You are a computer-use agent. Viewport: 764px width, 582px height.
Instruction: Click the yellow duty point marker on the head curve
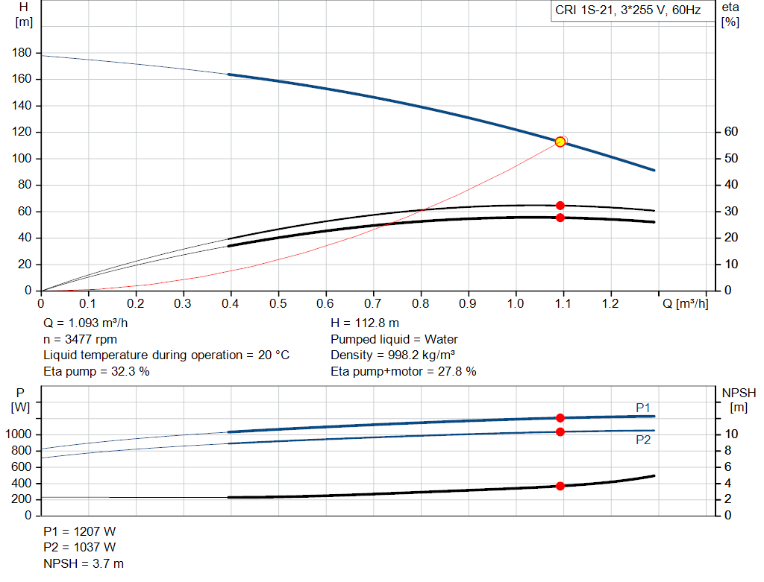click(x=560, y=142)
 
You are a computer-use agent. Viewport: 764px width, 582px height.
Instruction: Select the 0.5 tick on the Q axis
click(x=278, y=304)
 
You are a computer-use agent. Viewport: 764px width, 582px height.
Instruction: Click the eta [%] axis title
click(x=730, y=14)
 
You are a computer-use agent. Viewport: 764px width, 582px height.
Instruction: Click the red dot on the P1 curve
click(x=560, y=418)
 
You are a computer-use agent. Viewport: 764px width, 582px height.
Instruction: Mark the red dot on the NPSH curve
click(x=560, y=486)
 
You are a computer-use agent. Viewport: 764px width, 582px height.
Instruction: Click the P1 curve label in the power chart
click(x=643, y=407)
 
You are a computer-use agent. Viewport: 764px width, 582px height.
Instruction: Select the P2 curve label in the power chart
click(x=643, y=440)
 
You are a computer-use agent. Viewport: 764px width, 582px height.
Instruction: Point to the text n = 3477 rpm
click(x=80, y=339)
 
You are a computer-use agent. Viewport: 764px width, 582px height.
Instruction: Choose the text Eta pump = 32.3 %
click(x=96, y=371)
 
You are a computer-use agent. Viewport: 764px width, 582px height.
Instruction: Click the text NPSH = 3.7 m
click(x=84, y=563)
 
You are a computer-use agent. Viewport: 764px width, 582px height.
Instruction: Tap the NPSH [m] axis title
click(x=739, y=399)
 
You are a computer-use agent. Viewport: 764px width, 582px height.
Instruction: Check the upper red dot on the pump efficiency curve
click(x=560, y=206)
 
